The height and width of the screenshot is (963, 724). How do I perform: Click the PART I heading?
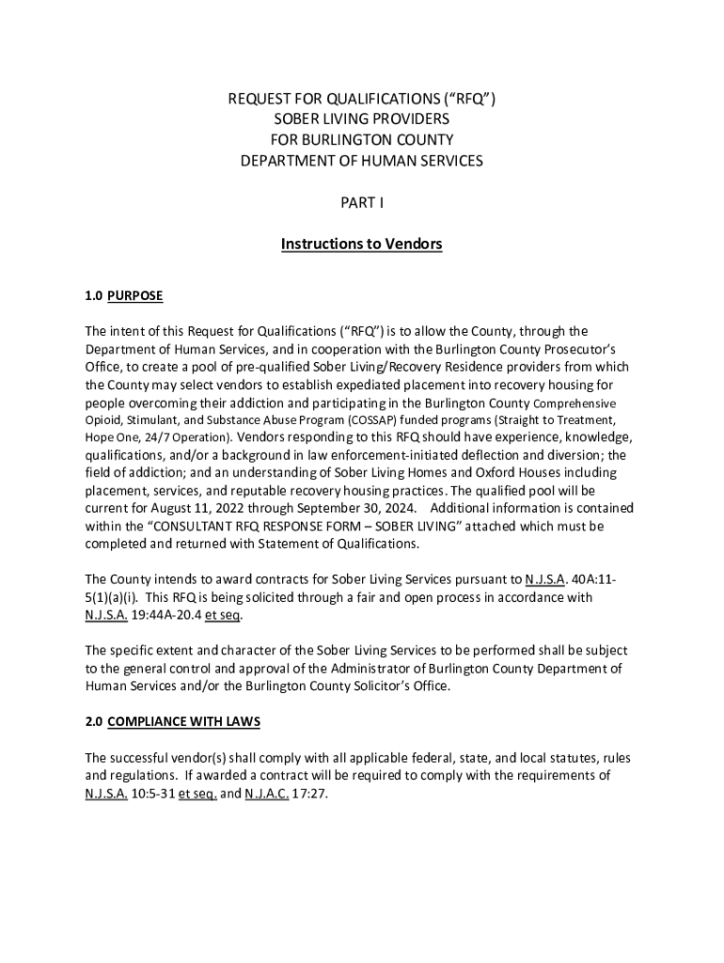(x=362, y=202)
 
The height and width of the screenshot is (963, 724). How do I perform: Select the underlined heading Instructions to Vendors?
(x=362, y=245)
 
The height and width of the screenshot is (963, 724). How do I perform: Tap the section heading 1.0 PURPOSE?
(x=123, y=296)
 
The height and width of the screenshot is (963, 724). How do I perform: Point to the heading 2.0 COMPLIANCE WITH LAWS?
(x=172, y=721)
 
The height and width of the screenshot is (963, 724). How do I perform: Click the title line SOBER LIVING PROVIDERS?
(x=362, y=119)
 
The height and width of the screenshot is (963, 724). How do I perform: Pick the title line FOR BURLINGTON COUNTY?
(x=362, y=140)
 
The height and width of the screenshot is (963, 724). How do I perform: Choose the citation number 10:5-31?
(x=153, y=793)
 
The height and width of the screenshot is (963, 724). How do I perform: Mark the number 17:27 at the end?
(x=316, y=793)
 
